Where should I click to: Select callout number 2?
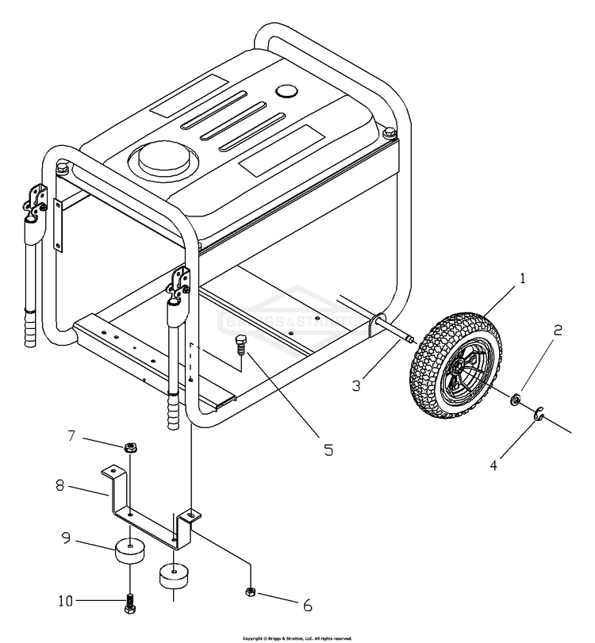(x=557, y=330)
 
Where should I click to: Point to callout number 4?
(x=493, y=465)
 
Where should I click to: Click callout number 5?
(x=328, y=449)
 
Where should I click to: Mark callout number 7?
(x=71, y=434)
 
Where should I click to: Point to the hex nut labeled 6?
(x=249, y=591)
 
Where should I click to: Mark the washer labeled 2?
(x=515, y=399)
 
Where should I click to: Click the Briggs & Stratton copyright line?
(x=297, y=637)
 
